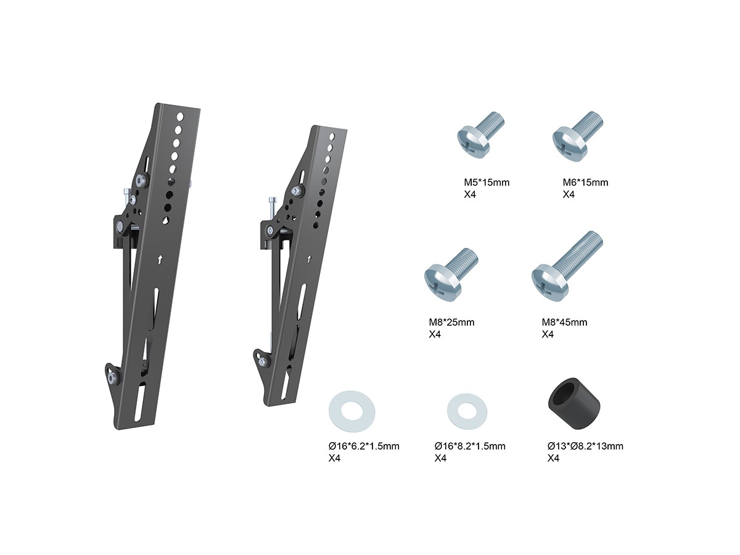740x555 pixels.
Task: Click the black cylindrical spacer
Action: click(573, 403)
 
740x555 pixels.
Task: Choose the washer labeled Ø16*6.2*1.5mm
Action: click(351, 411)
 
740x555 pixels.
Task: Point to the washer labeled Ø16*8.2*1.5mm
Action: click(467, 411)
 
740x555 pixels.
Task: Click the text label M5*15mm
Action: click(487, 183)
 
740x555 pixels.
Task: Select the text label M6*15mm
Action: click(585, 183)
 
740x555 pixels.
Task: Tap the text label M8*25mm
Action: click(451, 322)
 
